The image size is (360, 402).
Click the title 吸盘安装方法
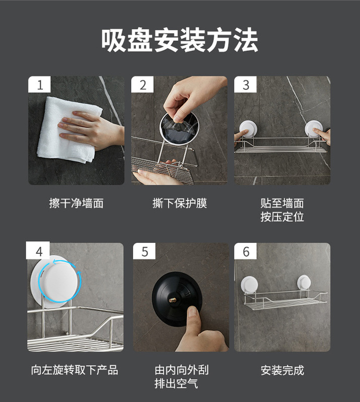pyautogui.click(x=179, y=40)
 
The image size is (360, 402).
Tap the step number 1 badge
pyautogui.click(x=40, y=84)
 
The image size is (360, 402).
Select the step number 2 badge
pyautogui.click(x=142, y=84)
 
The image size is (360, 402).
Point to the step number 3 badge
pyautogui.click(x=245, y=84)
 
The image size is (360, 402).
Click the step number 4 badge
pyautogui.click(x=38, y=250)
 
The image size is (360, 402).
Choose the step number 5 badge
pyautogui.click(x=144, y=251)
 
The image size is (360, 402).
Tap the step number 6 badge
pyautogui.click(x=245, y=251)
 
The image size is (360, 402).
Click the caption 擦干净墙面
pyautogui.click(x=76, y=204)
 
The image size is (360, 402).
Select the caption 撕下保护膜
pyautogui.click(x=179, y=204)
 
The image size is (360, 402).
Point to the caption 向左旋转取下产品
pyautogui.click(x=75, y=370)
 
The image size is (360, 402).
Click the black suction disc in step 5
pyautogui.click(x=177, y=299)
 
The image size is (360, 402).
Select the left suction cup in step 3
pyautogui.click(x=247, y=129)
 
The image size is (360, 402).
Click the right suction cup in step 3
pyautogui.click(x=313, y=129)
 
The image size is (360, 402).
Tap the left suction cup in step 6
pyautogui.click(x=249, y=284)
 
